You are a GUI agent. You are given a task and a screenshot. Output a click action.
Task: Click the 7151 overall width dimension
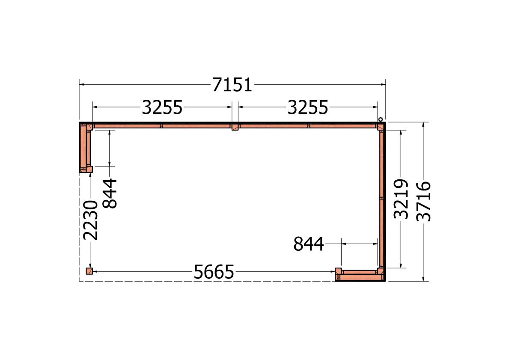point(232,85)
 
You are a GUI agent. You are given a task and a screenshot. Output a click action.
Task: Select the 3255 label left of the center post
point(162,107)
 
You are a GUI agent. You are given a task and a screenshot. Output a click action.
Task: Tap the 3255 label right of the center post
point(308,107)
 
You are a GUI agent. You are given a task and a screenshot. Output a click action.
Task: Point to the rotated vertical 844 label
point(110,193)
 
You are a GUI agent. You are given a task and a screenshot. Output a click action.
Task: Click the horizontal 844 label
point(308,244)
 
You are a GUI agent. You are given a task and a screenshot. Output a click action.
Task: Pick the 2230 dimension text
point(91,220)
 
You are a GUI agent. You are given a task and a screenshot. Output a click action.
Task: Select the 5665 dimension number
point(214,272)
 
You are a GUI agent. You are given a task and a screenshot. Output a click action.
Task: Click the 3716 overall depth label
point(424,202)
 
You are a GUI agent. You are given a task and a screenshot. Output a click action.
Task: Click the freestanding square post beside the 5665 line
point(89,271)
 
